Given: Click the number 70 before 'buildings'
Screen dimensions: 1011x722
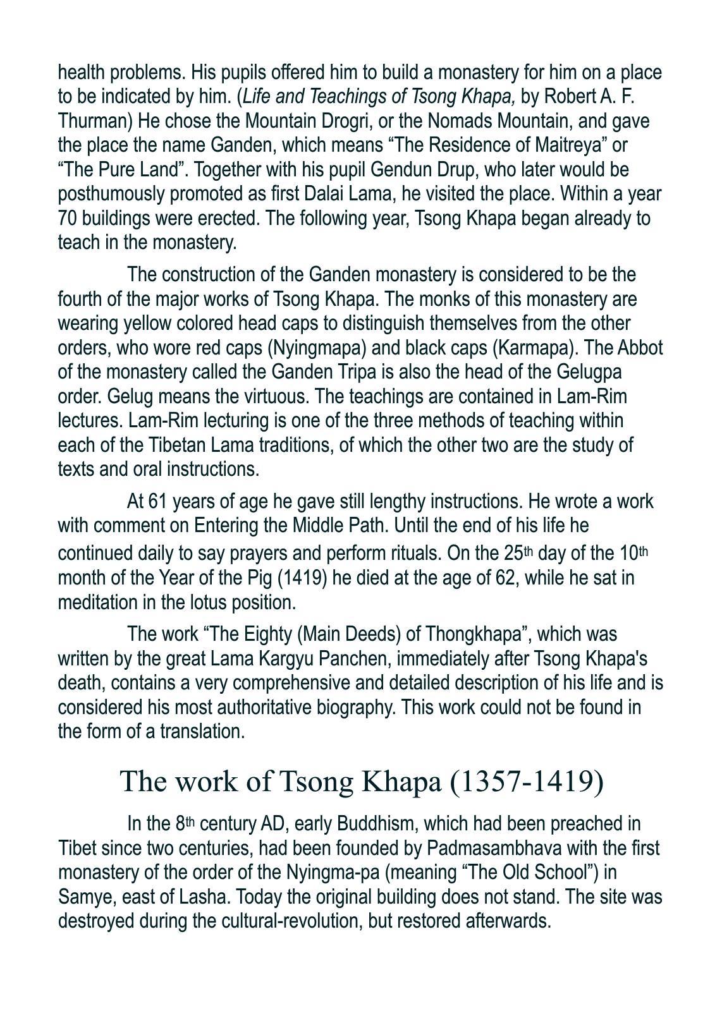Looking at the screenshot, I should (67, 218).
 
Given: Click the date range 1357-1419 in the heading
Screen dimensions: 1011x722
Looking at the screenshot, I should (526, 781).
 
